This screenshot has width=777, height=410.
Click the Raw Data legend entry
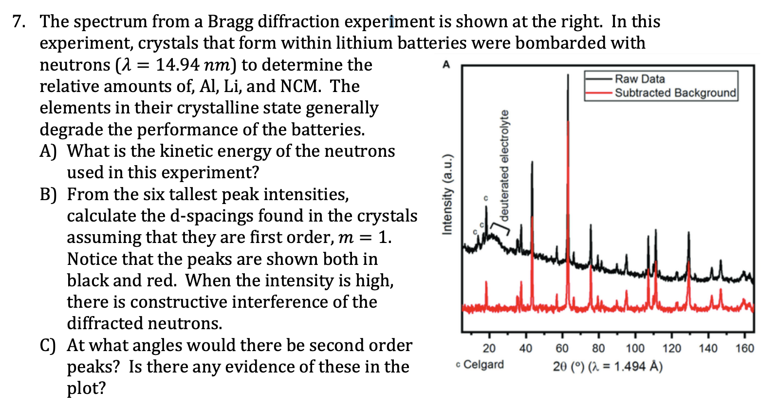pyautogui.click(x=639, y=79)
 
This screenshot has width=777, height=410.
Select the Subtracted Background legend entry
pyautogui.click(x=675, y=93)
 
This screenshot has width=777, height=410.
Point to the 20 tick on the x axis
pyautogui.click(x=489, y=348)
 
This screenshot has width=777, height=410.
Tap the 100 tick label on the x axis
pyautogui.click(x=635, y=348)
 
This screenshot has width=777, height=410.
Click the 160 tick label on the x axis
pyautogui.click(x=744, y=348)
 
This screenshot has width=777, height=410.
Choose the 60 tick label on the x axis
pyautogui.click(x=562, y=348)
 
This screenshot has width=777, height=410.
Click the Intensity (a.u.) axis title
pyautogui.click(x=447, y=195)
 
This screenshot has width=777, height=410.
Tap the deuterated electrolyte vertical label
pyautogui.click(x=504, y=166)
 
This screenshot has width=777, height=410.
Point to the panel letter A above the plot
pyautogui.click(x=446, y=64)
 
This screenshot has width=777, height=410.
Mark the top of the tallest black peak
pyautogui.click(x=568, y=75)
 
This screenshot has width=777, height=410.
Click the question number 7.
pyautogui.click(x=18, y=21)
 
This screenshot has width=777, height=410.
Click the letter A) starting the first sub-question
pyautogui.click(x=48, y=151)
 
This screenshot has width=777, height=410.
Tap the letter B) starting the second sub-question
pyautogui.click(x=48, y=194)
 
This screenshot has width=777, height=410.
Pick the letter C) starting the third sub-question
pyautogui.click(x=48, y=345)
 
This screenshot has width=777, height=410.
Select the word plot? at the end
pyautogui.click(x=86, y=389)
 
